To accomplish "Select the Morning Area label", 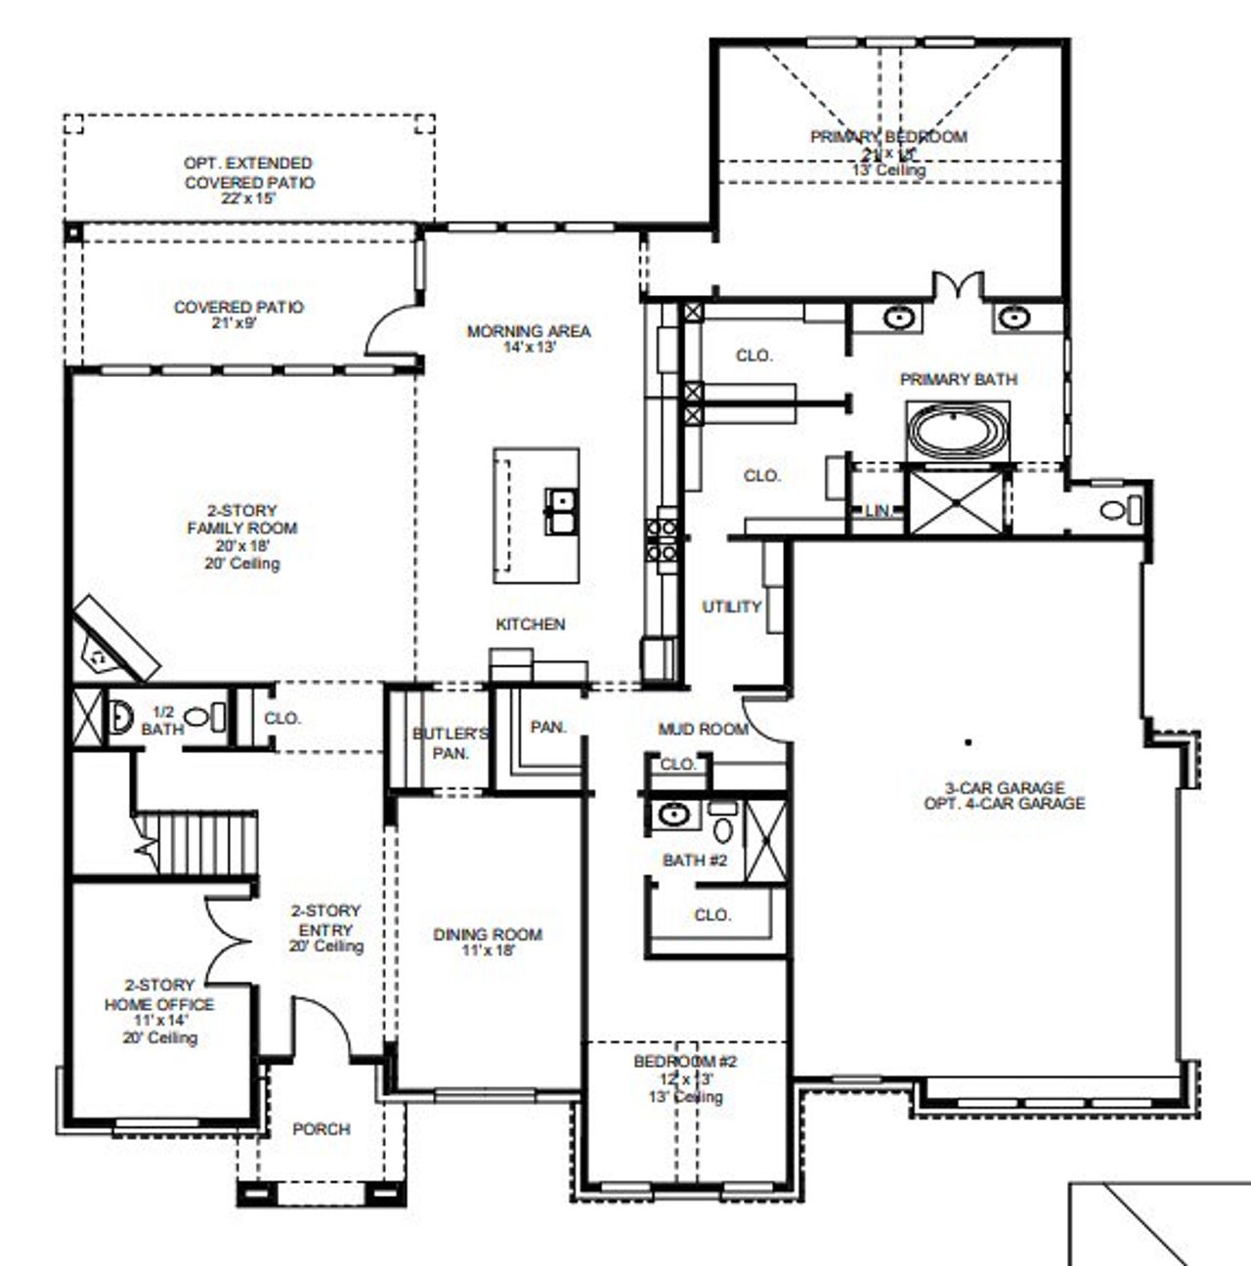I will point(529,338).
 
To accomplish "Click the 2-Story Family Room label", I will point(242,536).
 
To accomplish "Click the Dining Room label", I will point(487,942).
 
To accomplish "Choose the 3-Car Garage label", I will point(1004,795).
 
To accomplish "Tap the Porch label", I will point(321,1129).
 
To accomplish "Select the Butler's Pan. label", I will point(450,743).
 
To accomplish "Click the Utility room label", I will point(731,607).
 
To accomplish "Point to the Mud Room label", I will point(703,729).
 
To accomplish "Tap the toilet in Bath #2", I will point(723,825).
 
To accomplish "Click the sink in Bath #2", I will point(672,814).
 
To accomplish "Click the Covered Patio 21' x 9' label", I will point(238,315).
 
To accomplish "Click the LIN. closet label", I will point(877,512).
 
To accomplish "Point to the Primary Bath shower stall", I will point(955,501).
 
